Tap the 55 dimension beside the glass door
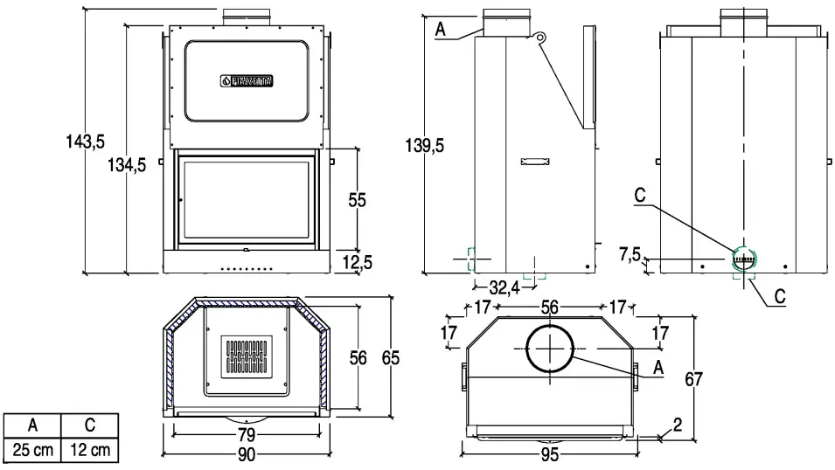(357, 200)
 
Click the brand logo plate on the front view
(248, 81)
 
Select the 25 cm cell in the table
(33, 451)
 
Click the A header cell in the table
(33, 426)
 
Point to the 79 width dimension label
(246, 434)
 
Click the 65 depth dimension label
(390, 356)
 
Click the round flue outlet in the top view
(549, 347)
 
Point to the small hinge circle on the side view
(541, 37)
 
